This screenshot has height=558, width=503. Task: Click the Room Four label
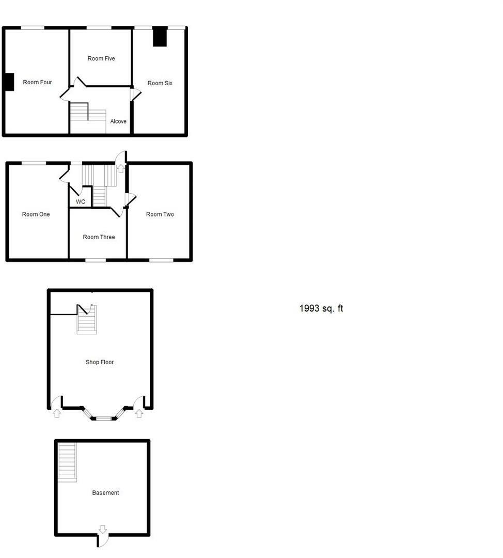[37, 82]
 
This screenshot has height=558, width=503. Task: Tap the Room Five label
[101, 59]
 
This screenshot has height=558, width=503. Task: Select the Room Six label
[160, 83]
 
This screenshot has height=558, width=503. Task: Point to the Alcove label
[118, 121]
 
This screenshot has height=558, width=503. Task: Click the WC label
[81, 202]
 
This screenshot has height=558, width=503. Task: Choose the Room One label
[36, 214]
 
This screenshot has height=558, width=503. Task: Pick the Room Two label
[160, 214]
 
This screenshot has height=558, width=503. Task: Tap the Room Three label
[99, 237]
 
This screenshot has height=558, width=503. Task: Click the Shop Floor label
[100, 362]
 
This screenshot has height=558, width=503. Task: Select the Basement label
[105, 493]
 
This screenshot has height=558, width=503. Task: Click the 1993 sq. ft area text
[321, 308]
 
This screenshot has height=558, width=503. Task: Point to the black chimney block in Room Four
[9, 82]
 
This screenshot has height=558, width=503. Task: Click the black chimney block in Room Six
[160, 37]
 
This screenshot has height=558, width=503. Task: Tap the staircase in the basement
[67, 462]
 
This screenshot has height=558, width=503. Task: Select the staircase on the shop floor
[87, 323]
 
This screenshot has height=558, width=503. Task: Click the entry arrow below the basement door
[102, 529]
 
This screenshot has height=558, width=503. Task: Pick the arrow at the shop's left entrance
[57, 413]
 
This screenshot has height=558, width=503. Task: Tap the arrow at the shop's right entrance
[138, 413]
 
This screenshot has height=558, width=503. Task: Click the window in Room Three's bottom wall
[96, 260]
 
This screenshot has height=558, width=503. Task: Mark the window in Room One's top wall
[34, 163]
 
